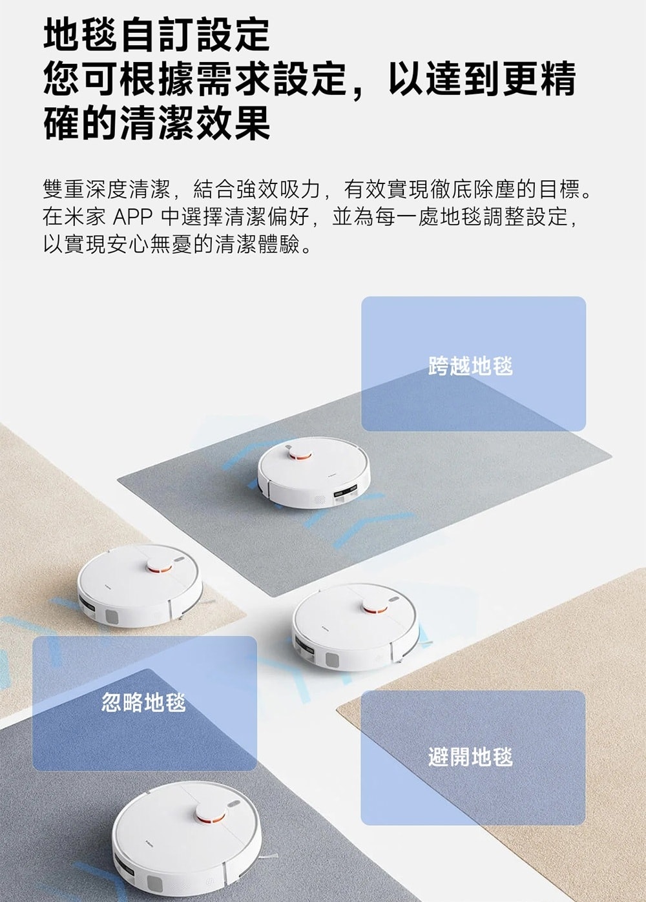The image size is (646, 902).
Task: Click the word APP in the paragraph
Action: pos(132,218)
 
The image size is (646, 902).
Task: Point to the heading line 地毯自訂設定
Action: pos(157,35)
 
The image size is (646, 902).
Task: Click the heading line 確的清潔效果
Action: pos(157,123)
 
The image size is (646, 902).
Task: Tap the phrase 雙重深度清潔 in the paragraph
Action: pos(107,190)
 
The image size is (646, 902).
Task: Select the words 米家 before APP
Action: pos(85,218)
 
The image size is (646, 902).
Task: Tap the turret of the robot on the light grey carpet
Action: pos(300,454)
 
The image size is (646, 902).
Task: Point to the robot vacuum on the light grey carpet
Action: pos(314,473)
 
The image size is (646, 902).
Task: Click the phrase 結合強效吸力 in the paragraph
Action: pos(256,190)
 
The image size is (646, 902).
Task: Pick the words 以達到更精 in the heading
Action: pos(482,79)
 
